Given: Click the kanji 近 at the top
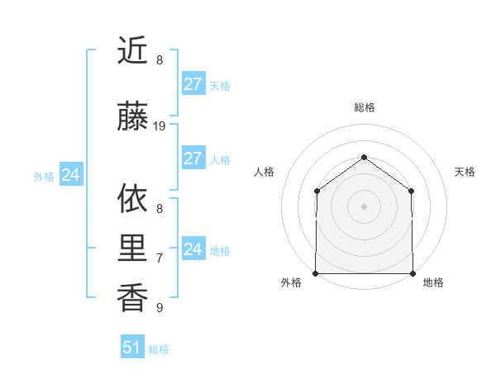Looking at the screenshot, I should (x=132, y=50).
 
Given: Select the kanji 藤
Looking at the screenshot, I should (x=132, y=117).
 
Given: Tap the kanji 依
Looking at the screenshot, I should (x=132, y=198).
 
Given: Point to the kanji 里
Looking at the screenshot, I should (x=132, y=248).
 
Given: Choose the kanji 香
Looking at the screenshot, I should (x=132, y=297).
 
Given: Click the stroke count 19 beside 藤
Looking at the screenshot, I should (x=160, y=126).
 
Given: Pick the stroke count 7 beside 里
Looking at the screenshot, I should (x=160, y=258).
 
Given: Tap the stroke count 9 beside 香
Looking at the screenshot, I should (x=160, y=308).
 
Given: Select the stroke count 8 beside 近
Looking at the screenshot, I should (x=160, y=60).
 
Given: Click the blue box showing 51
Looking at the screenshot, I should (x=132, y=348).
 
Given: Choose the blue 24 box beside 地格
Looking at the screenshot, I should (x=193, y=249).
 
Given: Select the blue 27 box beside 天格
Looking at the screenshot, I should (x=193, y=84).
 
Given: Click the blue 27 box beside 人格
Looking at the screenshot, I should (x=193, y=159).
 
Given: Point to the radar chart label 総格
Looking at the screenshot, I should (x=364, y=107).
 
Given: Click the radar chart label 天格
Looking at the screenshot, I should (x=465, y=172).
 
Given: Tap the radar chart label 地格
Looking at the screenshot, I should (x=433, y=283).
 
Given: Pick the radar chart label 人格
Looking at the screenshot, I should (x=264, y=172).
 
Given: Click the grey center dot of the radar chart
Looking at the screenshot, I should (x=364, y=206).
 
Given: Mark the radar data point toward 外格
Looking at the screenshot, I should (x=316, y=273).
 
